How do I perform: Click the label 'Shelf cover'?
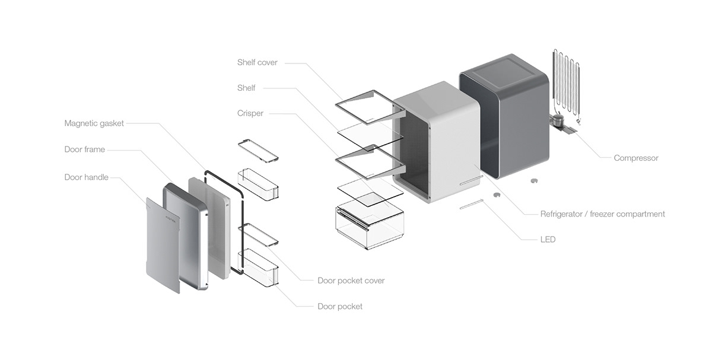257,62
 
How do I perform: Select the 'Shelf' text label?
246,88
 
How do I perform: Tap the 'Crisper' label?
250,113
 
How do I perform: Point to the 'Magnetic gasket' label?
94,123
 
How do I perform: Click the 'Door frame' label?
84,149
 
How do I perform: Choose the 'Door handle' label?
86,177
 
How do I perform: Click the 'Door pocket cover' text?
351,281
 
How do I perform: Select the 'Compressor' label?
636,158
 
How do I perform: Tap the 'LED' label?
548,240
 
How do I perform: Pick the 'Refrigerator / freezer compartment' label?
602,214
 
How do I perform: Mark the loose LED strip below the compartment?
471,204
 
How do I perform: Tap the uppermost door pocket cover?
258,150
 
